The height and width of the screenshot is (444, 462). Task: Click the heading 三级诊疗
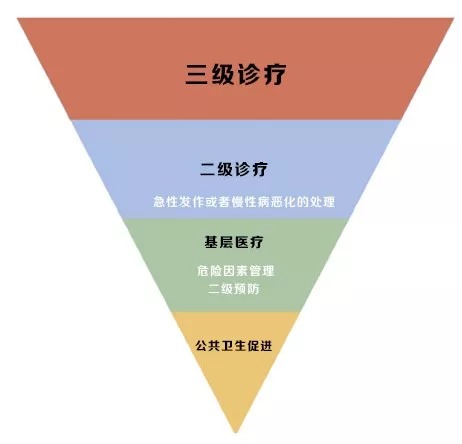coord(235,74)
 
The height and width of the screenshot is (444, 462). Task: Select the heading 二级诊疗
coord(234,169)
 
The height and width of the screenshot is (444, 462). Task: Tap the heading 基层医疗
coord(234,242)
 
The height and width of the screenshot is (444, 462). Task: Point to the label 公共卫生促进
coord(234,346)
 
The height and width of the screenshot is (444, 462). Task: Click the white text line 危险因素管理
coord(235,271)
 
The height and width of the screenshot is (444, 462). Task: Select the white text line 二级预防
coord(234,289)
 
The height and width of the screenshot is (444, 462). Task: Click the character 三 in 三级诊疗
coord(197,74)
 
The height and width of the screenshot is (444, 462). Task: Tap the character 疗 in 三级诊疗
coord(274,74)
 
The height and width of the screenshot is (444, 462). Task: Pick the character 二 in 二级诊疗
coord(208,169)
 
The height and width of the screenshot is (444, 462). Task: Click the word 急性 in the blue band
coord(165,202)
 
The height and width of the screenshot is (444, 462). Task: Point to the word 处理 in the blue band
coord(323,202)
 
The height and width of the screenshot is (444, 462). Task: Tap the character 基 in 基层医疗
coord(211,242)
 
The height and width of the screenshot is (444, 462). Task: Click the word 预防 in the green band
coord(247,289)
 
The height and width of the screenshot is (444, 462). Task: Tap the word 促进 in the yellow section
coord(260,346)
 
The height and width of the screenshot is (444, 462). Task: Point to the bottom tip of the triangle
coord(236,432)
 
